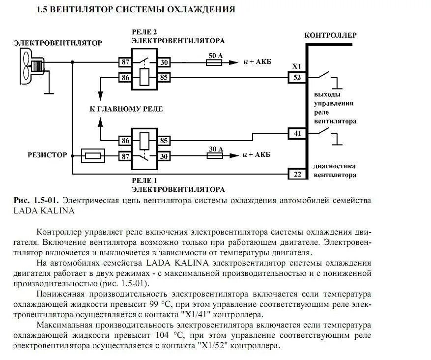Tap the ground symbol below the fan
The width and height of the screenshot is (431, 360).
tap(48, 91)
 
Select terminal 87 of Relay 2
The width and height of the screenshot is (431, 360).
tap(124, 62)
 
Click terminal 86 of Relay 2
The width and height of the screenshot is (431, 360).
tap(124, 77)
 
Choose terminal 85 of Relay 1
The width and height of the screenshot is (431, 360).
tap(164, 141)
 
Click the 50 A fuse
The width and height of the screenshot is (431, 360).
tap(215, 62)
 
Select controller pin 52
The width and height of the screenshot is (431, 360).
tap(297, 77)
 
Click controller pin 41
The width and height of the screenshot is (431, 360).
tap(297, 132)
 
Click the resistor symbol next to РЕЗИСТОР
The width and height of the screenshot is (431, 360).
tap(92, 156)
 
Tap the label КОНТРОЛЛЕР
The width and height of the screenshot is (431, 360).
tap(330, 35)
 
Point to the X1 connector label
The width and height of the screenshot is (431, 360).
tap(296, 66)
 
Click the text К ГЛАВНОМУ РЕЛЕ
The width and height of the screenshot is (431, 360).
tap(126, 109)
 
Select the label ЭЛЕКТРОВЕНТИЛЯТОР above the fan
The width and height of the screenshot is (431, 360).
tap(58, 43)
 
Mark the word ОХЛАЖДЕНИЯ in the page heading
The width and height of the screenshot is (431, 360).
tap(201, 9)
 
